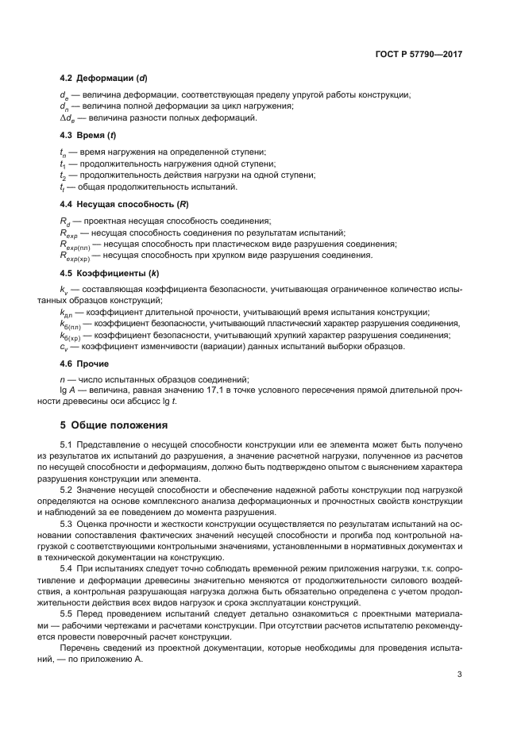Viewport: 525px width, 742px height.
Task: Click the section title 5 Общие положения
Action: [x=115, y=425]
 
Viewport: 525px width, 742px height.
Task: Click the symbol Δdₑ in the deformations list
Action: [x=68, y=118]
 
